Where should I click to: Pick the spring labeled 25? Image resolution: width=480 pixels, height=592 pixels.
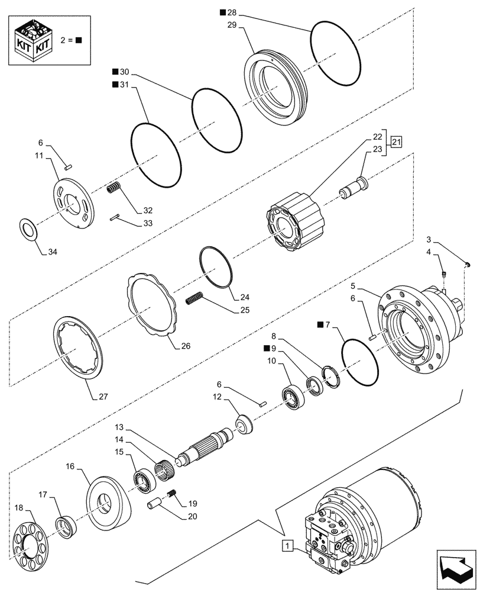[x=194, y=300]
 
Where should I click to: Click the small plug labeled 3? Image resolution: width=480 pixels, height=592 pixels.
[x=466, y=263]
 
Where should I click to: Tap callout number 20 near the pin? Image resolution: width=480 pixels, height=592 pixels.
[x=189, y=516]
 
